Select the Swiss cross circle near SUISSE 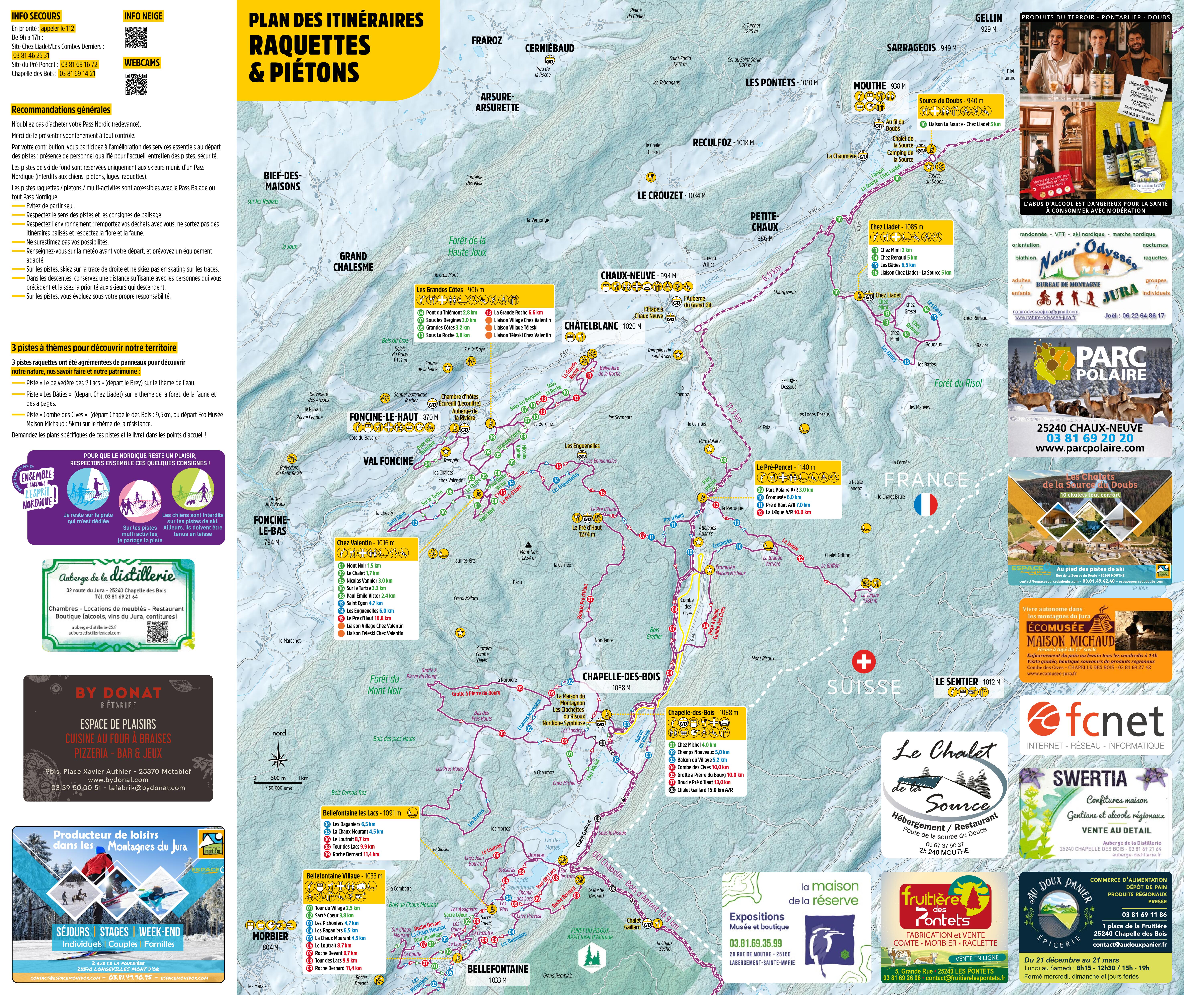point(863,662)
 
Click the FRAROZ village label point(487,41)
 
